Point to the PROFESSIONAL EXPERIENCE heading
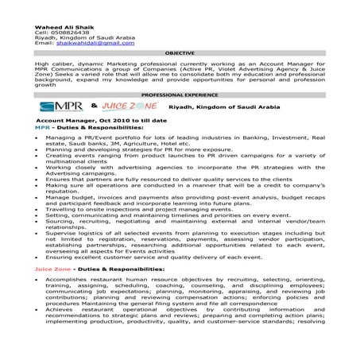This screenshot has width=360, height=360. pyautogui.click(x=180, y=95)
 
